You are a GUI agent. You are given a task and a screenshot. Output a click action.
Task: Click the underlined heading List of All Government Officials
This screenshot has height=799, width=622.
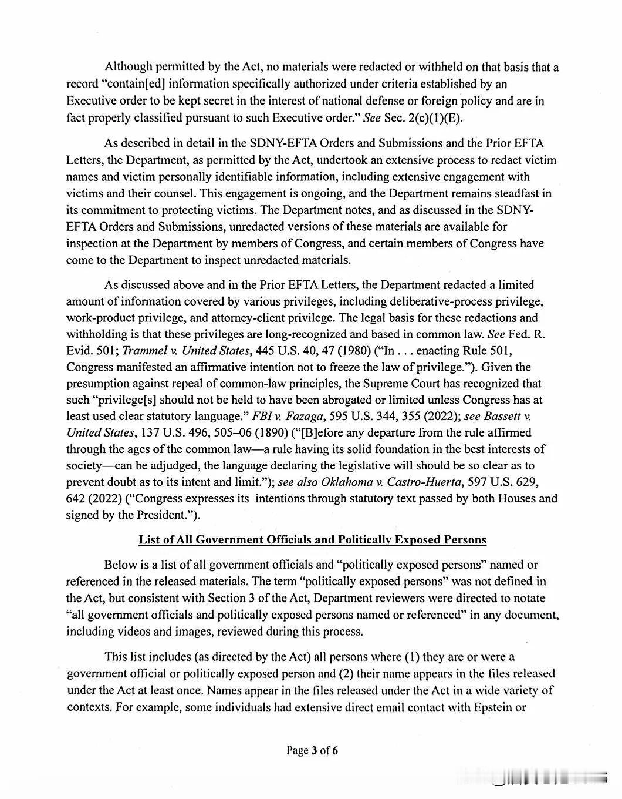coord(312,539)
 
